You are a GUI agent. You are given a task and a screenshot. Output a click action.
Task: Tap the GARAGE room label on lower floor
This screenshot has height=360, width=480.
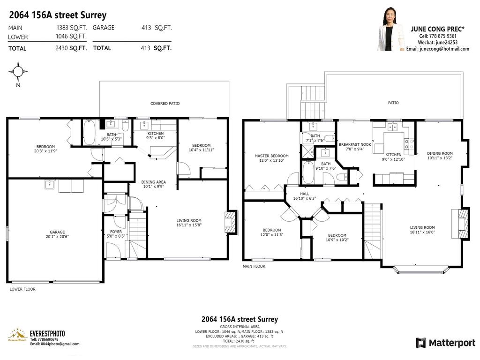point(57,232)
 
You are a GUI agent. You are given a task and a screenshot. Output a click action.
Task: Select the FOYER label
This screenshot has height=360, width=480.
point(116,232)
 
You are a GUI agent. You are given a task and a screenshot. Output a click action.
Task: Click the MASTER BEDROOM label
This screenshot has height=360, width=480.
point(271,156)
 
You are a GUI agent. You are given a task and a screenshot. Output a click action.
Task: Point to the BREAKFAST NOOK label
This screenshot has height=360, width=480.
point(355,144)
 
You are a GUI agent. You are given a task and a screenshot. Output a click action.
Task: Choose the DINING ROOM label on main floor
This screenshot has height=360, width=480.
point(440,153)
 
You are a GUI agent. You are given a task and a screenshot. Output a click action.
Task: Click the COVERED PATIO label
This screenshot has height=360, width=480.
point(165,104)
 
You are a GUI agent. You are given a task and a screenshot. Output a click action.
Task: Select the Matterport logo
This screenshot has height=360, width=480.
point(445,343)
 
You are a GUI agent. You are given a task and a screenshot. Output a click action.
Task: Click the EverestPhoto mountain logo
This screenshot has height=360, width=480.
point(17,335)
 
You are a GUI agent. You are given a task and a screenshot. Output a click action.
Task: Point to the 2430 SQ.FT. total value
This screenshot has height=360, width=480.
point(71,48)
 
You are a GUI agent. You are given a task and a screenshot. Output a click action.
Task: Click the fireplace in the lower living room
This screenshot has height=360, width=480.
point(231,222)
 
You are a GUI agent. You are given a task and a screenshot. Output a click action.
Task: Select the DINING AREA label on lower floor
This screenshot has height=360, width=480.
point(153,182)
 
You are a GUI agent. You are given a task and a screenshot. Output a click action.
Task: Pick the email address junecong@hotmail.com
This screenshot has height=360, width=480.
point(437,49)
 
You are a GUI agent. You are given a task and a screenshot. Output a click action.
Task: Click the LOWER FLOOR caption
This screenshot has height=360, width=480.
point(22,289)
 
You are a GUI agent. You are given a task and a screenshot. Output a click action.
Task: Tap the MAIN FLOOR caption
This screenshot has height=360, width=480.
point(254,266)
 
